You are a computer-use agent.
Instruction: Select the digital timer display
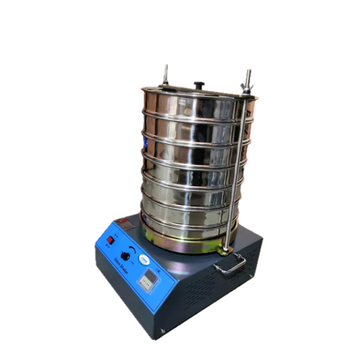149,280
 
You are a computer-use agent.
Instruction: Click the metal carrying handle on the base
230,265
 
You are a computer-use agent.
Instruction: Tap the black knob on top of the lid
199,85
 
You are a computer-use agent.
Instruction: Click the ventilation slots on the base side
202,292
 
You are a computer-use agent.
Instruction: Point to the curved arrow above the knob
131,248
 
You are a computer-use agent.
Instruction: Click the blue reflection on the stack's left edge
145,144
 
